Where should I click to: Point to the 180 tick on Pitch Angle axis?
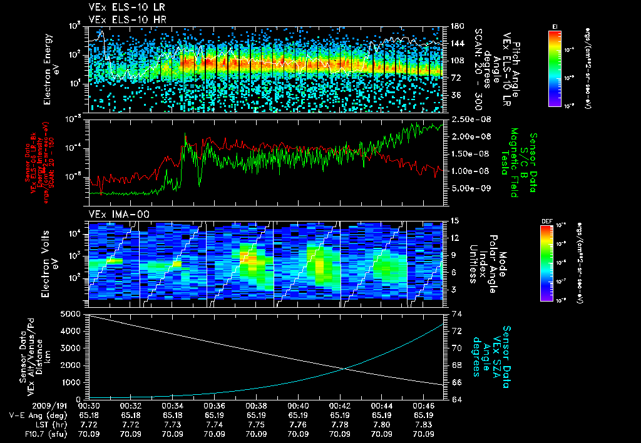point(454,26)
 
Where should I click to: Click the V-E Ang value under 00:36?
point(214,415)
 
